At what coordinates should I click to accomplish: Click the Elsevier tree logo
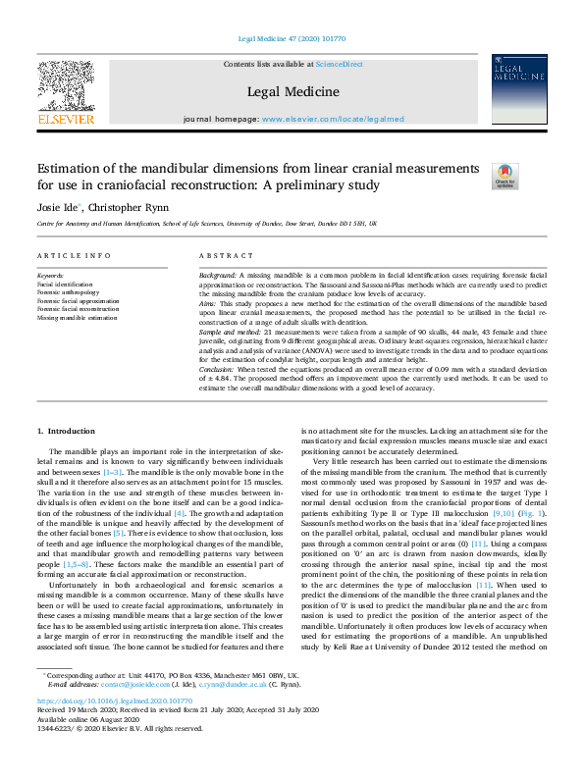[x=66, y=87]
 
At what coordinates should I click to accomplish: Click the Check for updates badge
[x=504, y=175]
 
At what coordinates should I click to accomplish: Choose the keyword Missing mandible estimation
[x=77, y=319]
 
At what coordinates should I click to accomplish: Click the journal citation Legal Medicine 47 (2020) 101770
[x=292, y=39]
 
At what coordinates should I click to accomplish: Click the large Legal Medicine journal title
[x=292, y=92]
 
